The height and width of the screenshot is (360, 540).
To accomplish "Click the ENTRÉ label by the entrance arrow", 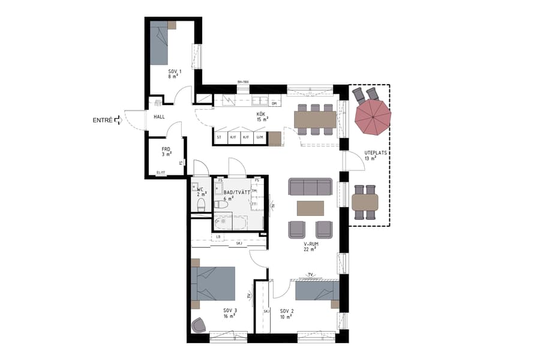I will click(103, 121).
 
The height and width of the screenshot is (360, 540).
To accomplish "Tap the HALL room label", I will click(159, 117).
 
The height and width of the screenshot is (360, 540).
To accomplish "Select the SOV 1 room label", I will click(174, 74).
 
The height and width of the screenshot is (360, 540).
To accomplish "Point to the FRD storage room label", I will click(167, 152).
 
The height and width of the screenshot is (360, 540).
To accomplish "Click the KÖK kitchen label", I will click(262, 116).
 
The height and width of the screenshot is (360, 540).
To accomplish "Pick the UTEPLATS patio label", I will click(374, 155).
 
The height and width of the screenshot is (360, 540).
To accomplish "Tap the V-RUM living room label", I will click(310, 247).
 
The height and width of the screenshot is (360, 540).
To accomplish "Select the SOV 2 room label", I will click(286, 314).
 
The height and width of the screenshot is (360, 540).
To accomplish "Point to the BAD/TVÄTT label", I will click(237, 196).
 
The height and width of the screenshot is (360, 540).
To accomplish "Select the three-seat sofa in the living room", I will click(310, 187).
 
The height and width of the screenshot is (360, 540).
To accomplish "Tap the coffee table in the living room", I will click(310, 208).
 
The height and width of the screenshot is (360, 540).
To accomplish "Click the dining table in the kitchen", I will click(316, 119).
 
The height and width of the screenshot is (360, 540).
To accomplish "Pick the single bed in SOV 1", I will click(159, 44).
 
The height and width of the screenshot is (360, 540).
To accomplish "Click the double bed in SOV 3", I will click(213, 283).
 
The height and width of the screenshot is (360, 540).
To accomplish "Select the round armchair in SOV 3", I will click(199, 325).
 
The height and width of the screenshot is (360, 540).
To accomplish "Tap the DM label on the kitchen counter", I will click(274, 104).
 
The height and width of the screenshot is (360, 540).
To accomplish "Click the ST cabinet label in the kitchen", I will click(220, 137).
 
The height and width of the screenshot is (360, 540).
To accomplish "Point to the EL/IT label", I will click(160, 173).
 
